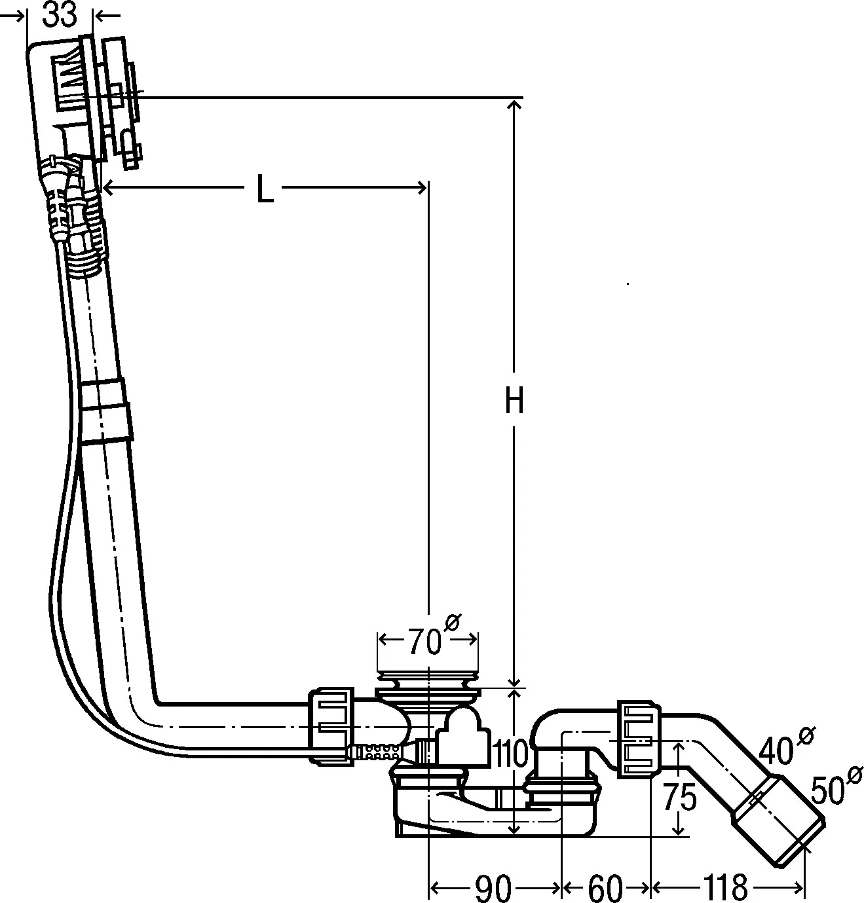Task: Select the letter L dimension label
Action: point(264,190)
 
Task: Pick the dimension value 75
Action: point(679,797)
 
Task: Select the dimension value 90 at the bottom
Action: point(493,889)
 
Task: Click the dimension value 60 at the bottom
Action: point(605,889)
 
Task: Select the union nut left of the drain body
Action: point(331,725)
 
